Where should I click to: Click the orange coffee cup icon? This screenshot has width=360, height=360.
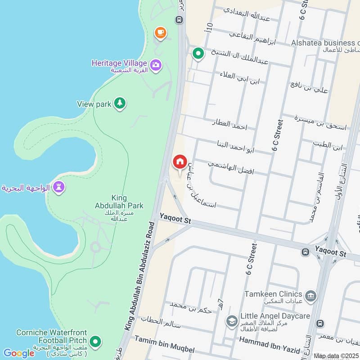click(160, 32)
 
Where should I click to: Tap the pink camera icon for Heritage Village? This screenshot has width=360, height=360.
click(156, 65)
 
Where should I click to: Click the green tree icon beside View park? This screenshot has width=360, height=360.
click(119, 103)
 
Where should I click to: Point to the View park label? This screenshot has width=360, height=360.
click(94, 104)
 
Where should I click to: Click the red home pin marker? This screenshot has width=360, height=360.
click(180, 162)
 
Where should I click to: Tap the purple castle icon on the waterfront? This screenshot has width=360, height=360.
click(58, 187)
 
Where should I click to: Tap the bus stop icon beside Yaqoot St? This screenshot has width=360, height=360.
click(305, 252)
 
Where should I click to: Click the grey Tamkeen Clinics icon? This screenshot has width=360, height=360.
click(310, 296)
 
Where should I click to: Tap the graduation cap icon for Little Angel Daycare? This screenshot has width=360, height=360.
click(231, 320)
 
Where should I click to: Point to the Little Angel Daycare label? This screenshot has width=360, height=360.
click(275, 316)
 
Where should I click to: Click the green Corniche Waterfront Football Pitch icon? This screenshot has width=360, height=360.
click(94, 342)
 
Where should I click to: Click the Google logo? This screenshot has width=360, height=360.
click(18, 353)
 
